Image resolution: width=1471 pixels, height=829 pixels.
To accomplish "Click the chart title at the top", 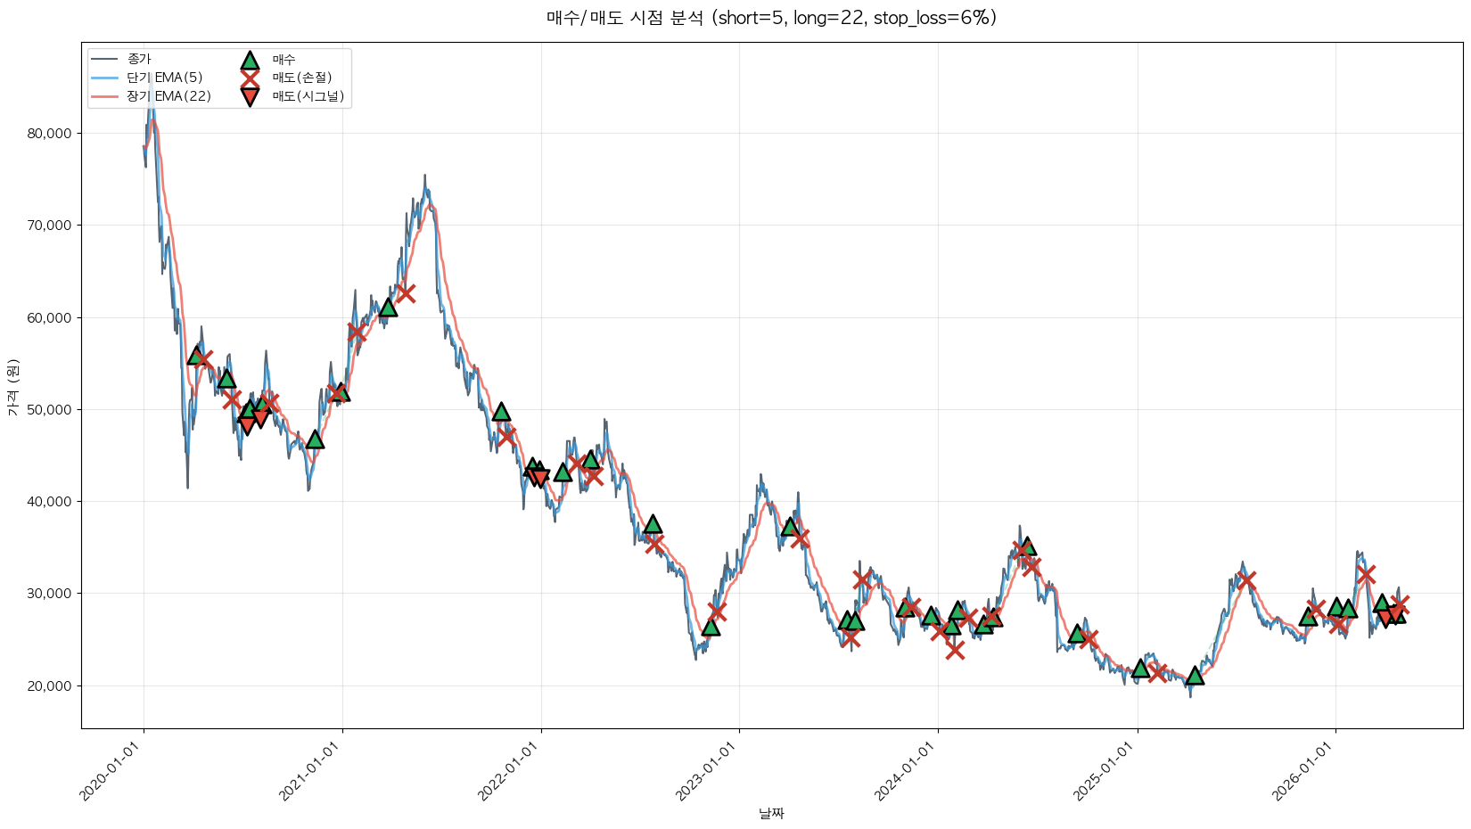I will pyautogui.click(x=771, y=18).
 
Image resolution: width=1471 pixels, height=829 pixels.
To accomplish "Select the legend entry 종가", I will pyautogui.click(x=139, y=59).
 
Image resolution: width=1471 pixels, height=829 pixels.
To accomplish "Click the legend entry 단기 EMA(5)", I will pyautogui.click(x=165, y=78).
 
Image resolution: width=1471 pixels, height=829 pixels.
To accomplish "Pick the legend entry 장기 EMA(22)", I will pyautogui.click(x=168, y=96).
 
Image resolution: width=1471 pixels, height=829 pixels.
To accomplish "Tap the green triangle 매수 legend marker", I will pyautogui.click(x=250, y=60).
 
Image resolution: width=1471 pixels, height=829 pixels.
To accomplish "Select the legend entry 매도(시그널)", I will pyautogui.click(x=308, y=96).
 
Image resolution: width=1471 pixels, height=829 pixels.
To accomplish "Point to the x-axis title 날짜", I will pyautogui.click(x=771, y=813).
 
